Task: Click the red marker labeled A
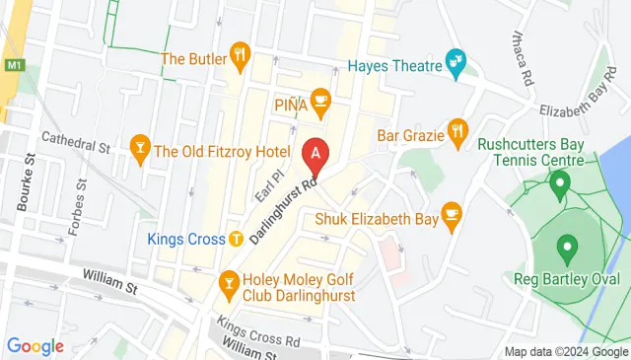(315, 154)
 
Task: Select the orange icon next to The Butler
(238, 53)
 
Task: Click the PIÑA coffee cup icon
(319, 99)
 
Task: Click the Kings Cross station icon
(236, 238)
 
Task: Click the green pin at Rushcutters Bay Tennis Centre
(560, 182)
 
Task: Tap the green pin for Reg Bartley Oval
(567, 246)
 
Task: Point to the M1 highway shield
(13, 66)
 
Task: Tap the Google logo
(35, 346)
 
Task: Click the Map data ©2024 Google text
(566, 352)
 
